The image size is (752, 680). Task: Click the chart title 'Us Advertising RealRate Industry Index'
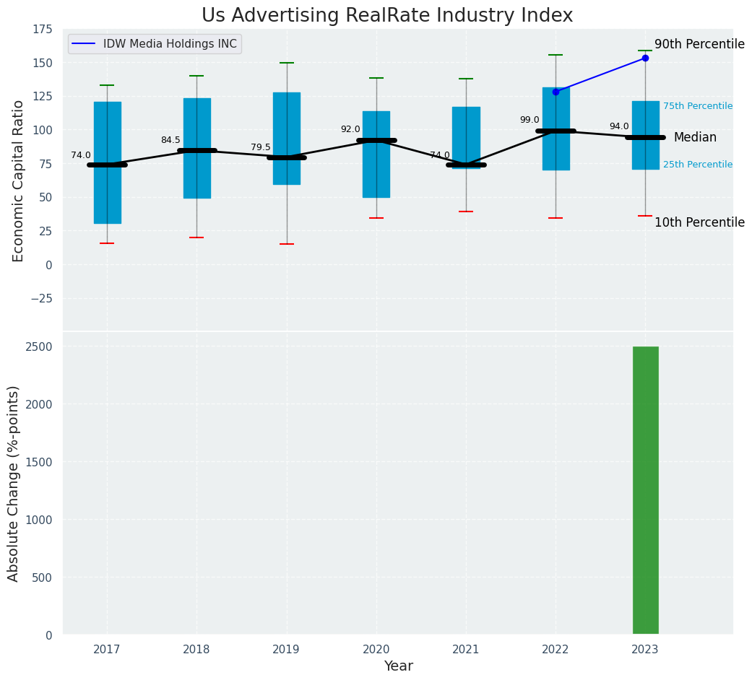(386, 16)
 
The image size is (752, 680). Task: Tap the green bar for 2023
(645, 490)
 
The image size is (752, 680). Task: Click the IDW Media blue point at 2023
(645, 58)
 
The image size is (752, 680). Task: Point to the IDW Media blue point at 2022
(556, 92)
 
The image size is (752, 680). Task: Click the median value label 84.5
(170, 140)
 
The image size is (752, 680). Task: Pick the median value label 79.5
(261, 147)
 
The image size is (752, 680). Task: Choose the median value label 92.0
(350, 129)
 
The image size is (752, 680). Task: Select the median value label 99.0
(530, 120)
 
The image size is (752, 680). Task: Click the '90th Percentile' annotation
(699, 44)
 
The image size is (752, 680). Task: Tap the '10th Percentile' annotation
(699, 222)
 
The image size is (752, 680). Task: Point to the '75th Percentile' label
(697, 106)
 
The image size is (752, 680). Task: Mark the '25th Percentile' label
(697, 165)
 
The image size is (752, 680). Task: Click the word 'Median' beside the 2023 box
(695, 137)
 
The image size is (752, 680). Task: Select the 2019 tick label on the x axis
(286, 650)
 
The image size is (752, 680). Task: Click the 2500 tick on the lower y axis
(39, 346)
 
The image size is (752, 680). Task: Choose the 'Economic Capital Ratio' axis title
(19, 180)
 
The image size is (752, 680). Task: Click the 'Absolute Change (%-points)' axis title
(14, 483)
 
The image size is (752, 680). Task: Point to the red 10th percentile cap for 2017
(107, 243)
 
